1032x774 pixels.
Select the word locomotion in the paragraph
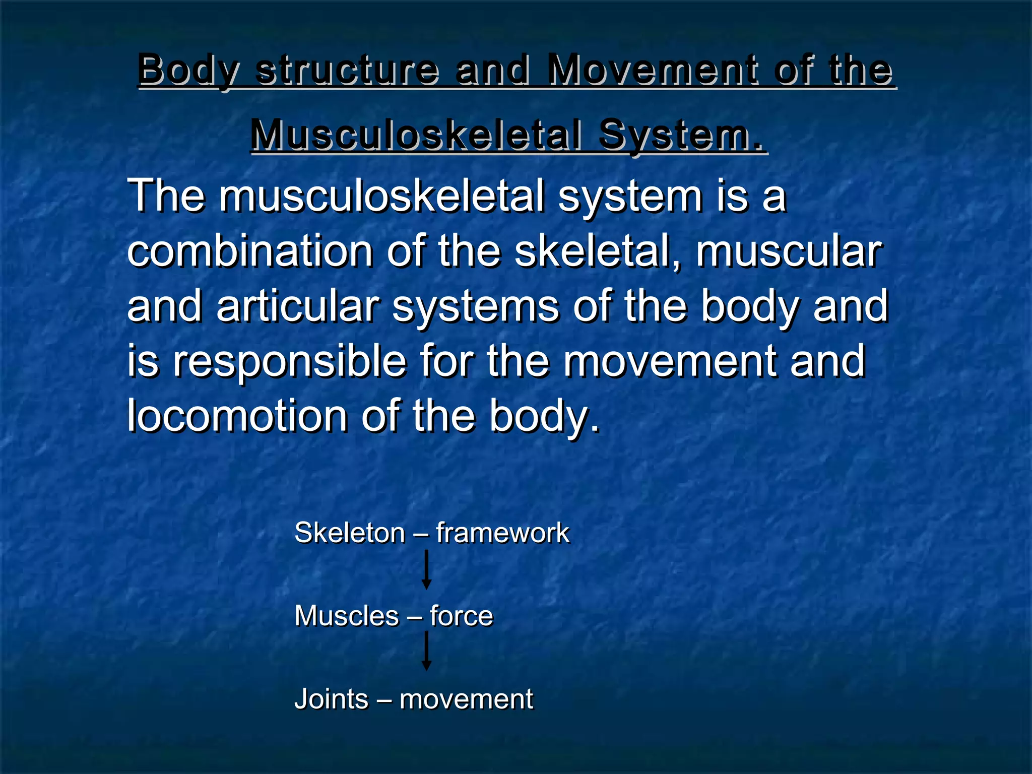pyautogui.click(x=237, y=416)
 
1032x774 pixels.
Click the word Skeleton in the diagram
pyautogui.click(x=350, y=533)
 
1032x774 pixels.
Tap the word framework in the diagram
pyautogui.click(x=502, y=533)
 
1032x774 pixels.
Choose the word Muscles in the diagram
pyautogui.click(x=347, y=616)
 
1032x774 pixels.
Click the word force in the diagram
pyautogui.click(x=461, y=616)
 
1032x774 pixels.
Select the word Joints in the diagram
pyautogui.click(x=332, y=699)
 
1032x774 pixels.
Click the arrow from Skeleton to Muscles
pyautogui.click(x=426, y=570)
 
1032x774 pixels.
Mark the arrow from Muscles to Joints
pyautogui.click(x=426, y=651)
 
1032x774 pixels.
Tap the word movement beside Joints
pyautogui.click(x=466, y=699)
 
